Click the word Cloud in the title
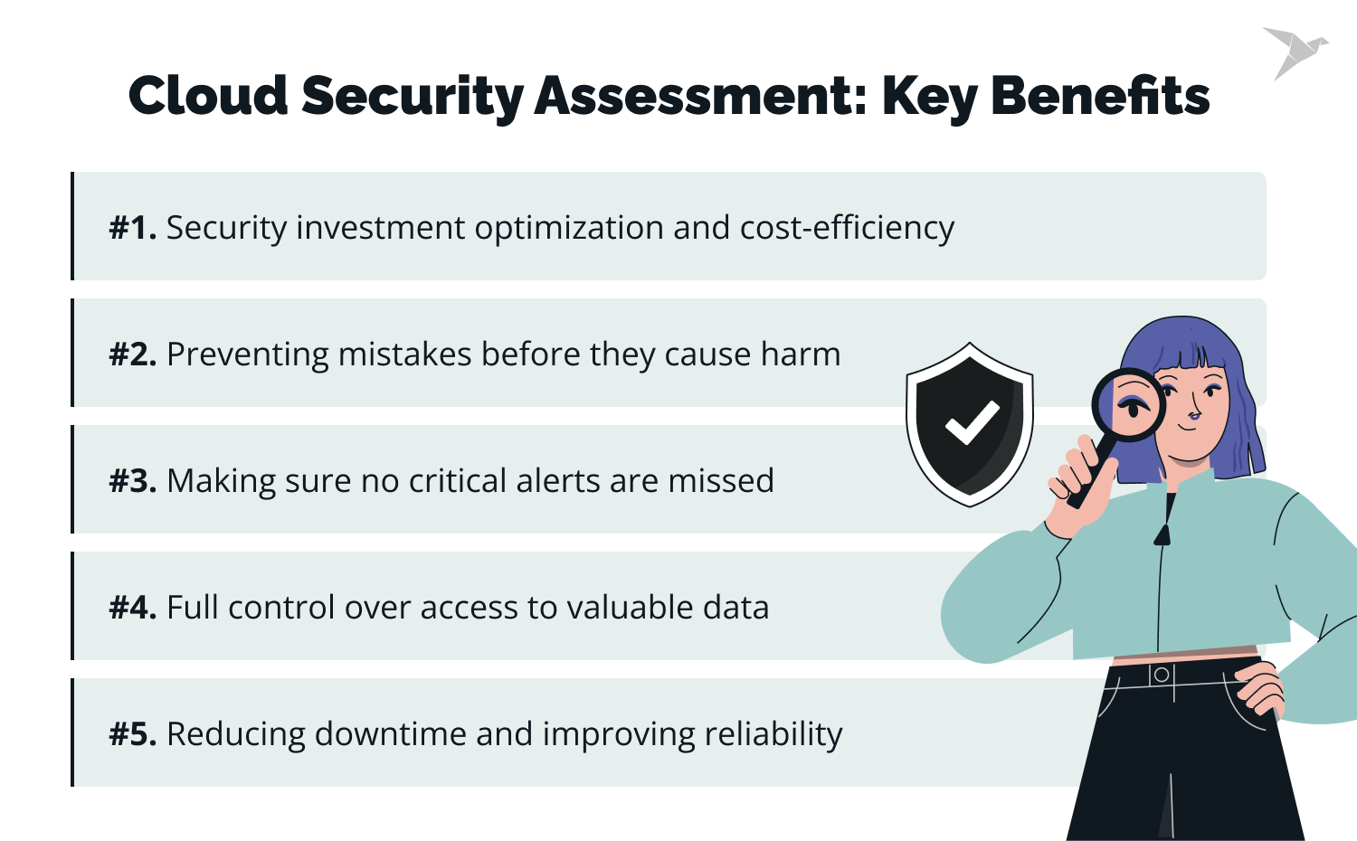208,96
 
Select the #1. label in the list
133,228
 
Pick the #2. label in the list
133,354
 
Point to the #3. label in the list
133,481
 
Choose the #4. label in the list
133,608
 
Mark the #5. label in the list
133,734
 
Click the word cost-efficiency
847,228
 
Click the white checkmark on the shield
972,422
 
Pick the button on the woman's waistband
1162,675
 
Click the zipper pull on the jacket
1162,534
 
